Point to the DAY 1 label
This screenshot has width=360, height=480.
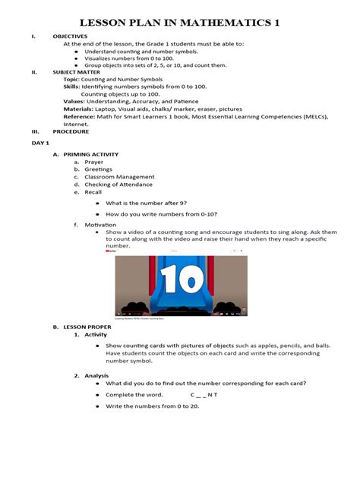click(39, 143)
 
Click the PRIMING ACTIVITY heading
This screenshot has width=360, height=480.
click(90, 154)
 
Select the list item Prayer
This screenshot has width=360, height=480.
click(94, 162)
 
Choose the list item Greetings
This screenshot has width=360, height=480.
click(98, 169)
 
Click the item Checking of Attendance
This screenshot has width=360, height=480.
click(118, 185)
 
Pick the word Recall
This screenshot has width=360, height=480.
click(93, 192)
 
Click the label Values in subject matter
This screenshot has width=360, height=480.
click(74, 101)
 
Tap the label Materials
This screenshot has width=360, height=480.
click(77, 109)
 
